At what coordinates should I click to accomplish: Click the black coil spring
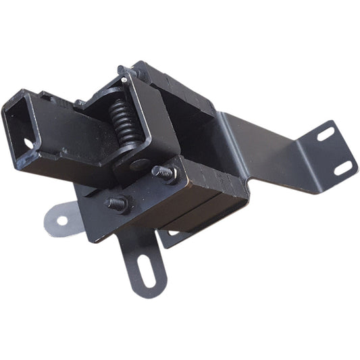126,122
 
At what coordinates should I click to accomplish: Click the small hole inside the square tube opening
28,143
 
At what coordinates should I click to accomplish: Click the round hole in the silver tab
61,220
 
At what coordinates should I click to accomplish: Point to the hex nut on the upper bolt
169,175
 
